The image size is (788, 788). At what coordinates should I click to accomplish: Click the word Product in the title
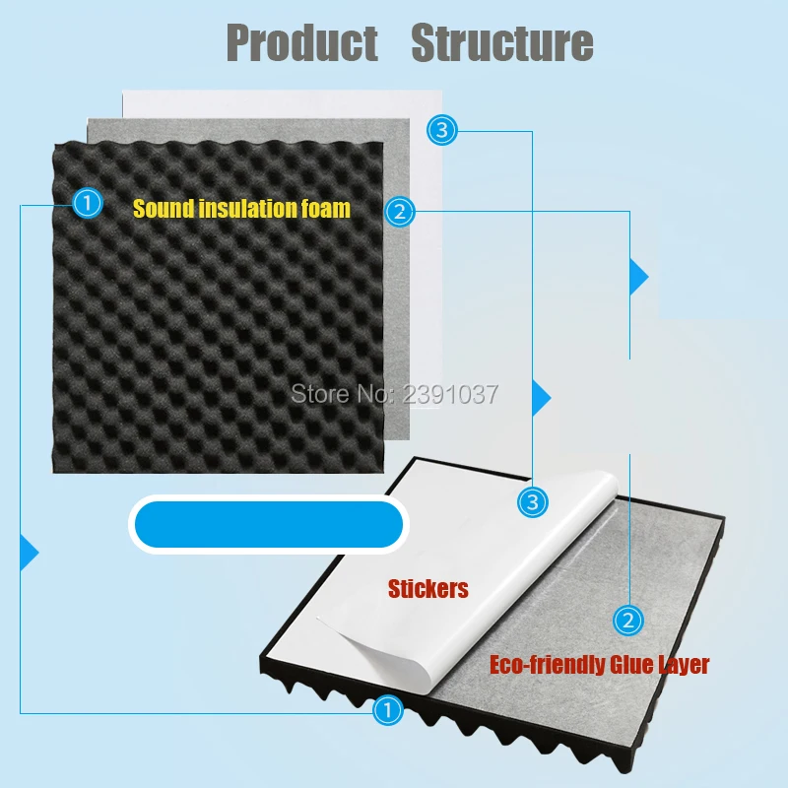pyautogui.click(x=302, y=43)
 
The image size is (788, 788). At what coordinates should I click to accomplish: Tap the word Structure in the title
pyautogui.click(x=501, y=43)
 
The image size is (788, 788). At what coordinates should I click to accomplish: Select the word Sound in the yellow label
pyautogui.click(x=158, y=209)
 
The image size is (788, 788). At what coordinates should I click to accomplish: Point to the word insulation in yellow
pyautogui.click(x=246, y=209)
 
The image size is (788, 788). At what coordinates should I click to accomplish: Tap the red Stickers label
pyautogui.click(x=428, y=590)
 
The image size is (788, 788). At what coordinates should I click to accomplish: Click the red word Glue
pyautogui.click(x=632, y=665)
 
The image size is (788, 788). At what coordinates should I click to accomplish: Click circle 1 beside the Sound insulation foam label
pyautogui.click(x=88, y=203)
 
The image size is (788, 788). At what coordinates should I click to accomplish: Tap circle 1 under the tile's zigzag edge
pyautogui.click(x=388, y=708)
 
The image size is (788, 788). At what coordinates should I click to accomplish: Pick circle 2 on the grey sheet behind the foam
pyautogui.click(x=399, y=210)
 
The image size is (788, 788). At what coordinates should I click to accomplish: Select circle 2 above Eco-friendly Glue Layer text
pyautogui.click(x=627, y=620)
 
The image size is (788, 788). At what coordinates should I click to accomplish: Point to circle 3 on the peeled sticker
pyautogui.click(x=532, y=502)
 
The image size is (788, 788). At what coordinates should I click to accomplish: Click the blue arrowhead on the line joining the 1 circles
pyautogui.click(x=29, y=552)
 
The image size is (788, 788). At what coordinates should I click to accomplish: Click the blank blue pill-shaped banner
pyautogui.click(x=268, y=523)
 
